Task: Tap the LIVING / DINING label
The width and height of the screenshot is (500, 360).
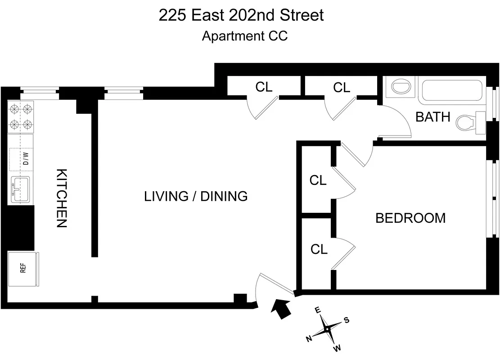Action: pos(196,196)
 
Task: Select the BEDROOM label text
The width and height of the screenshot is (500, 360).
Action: pos(410,218)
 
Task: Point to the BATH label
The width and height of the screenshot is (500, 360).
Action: pos(432,117)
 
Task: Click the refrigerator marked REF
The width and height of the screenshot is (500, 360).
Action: pos(23,269)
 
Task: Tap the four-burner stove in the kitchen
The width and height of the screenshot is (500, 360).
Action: pos(21,117)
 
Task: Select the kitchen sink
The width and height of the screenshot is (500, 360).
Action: pos(21,189)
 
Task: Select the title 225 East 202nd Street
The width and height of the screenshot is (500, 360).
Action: pos(241,15)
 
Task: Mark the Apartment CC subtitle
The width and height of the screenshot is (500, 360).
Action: pos(244,36)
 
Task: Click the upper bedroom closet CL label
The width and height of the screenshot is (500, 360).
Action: pos(318,180)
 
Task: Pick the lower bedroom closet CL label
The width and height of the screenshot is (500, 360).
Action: pos(319,249)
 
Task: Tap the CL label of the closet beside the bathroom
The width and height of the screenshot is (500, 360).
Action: pos(342,88)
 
